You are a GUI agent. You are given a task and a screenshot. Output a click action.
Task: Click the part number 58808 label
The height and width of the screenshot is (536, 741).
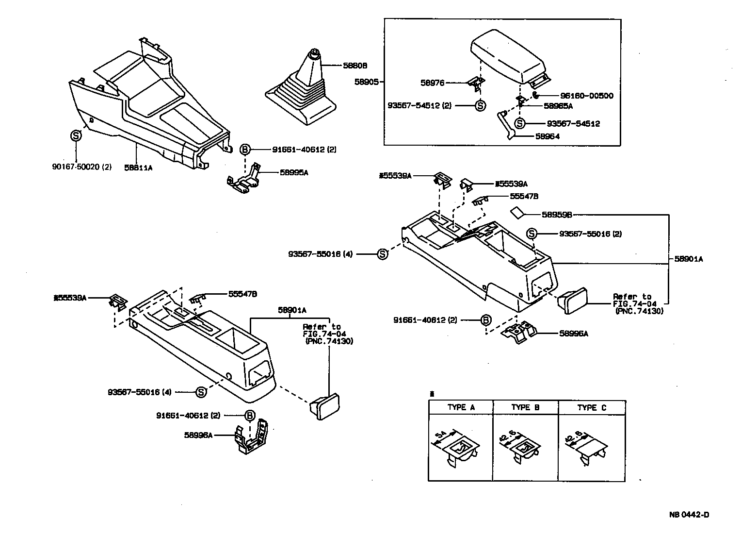coord(355,66)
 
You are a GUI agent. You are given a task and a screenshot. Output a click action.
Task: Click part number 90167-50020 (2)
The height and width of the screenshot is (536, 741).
coord(81,167)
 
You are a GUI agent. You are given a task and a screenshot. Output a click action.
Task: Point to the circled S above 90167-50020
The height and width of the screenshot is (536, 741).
coord(76,136)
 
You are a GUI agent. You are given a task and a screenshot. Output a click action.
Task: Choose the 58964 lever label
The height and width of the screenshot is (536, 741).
coord(548,136)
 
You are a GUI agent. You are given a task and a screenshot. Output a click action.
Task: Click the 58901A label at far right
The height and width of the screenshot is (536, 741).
coord(688,259)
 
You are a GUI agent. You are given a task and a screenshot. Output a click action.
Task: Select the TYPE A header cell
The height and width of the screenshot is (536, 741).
coord(461,408)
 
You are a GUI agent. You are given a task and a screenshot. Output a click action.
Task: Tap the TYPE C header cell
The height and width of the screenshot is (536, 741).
coord(592,408)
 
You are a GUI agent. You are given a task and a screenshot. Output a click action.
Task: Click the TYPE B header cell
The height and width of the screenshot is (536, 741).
coord(525,408)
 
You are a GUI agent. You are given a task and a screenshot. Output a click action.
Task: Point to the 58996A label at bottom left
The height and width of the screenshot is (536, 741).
coord(198,435)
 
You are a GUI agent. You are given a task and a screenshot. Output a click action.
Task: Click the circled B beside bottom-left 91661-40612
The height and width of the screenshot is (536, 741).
coord(249,416)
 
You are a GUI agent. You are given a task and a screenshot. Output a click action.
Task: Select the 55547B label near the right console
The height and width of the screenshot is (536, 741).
coord(524,196)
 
